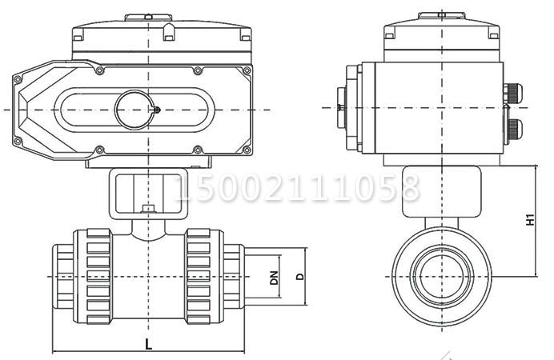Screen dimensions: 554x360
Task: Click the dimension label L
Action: tap(149, 344)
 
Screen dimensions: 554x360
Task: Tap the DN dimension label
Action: tap(274, 278)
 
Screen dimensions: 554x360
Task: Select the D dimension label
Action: tap(299, 277)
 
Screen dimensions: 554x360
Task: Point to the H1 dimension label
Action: tap(530, 220)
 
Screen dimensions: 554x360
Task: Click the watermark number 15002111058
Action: tap(297, 188)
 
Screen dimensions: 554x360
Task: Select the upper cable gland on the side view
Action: tap(512, 93)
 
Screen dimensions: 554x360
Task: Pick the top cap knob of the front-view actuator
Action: tap(148, 18)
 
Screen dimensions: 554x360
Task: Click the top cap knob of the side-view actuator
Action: tap(442, 15)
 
